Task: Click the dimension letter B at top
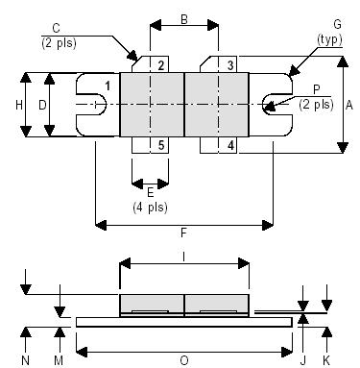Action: (183, 18)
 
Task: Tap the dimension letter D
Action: (42, 104)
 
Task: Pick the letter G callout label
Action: (336, 23)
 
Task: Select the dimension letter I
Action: (183, 255)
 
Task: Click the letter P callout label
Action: (316, 89)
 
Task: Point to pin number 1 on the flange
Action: (107, 87)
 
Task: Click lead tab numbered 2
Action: (161, 64)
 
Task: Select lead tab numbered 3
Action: (230, 64)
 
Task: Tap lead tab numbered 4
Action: (230, 145)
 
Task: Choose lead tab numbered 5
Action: (161, 145)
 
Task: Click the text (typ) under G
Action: (336, 37)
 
